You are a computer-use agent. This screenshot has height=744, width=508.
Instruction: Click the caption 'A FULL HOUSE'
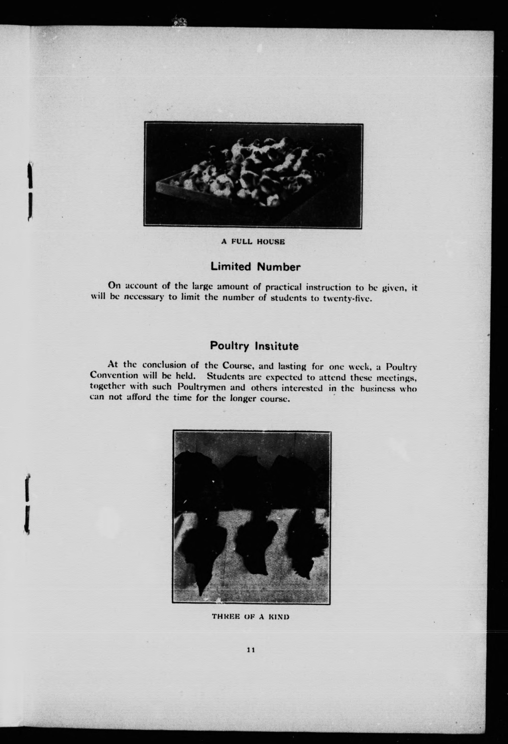coord(253,242)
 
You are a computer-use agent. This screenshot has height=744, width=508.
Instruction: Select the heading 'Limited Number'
coord(256,267)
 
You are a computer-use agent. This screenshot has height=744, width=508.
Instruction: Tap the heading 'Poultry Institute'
coord(254,346)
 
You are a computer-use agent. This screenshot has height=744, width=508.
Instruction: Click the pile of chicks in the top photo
coord(249,173)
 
